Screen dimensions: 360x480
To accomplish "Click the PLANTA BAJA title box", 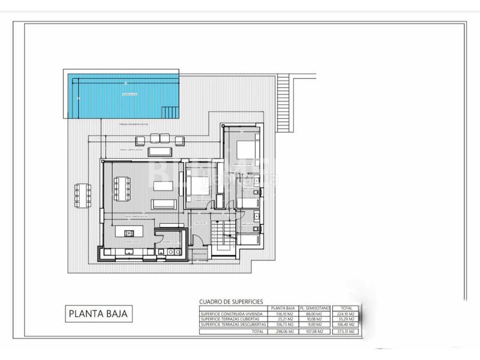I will (99, 313).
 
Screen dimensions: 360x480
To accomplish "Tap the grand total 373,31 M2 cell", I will (346, 331).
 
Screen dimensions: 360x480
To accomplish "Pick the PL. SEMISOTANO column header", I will (315, 308).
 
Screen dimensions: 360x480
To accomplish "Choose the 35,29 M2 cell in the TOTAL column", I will (346, 319).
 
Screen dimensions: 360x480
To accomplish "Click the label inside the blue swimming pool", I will (130, 95).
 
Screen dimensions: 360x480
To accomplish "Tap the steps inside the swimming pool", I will (170, 111).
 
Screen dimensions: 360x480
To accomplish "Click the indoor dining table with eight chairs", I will (125, 185).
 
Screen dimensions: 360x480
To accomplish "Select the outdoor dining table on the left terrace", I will (80, 194).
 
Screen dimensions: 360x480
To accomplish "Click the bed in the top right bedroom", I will (247, 149).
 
